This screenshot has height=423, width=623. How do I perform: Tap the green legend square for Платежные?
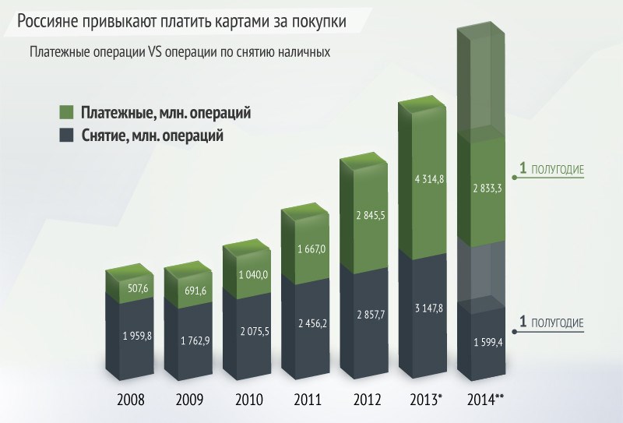66,112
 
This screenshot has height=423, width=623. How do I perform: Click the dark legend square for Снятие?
66,135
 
